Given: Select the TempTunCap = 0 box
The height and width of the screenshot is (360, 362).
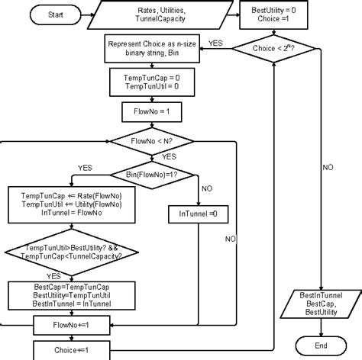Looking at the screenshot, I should [150, 82].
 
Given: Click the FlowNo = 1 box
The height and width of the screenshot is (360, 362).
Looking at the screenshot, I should [150, 111].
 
